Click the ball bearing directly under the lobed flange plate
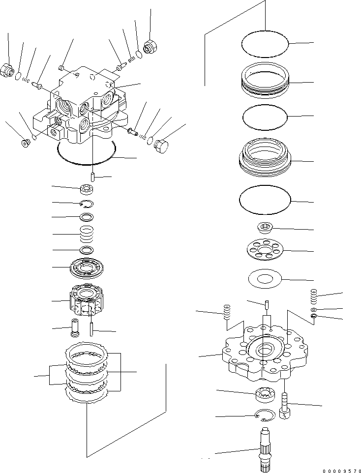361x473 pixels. [266, 393]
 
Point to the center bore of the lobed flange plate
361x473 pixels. [266, 350]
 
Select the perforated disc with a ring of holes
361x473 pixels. [266, 251]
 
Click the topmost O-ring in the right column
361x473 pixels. [265, 44]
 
